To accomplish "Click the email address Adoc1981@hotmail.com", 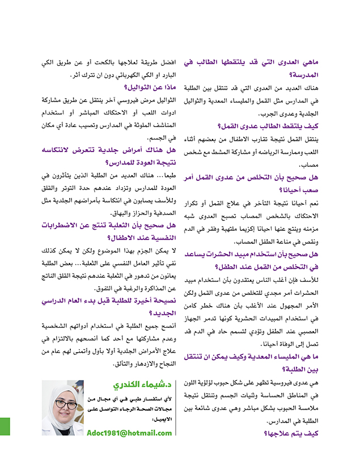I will pos(130,433).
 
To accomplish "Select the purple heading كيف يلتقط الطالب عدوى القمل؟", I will pos(261,126).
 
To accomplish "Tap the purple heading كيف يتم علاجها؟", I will pos(290,433).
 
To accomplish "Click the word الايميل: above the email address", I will pos(161,420).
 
